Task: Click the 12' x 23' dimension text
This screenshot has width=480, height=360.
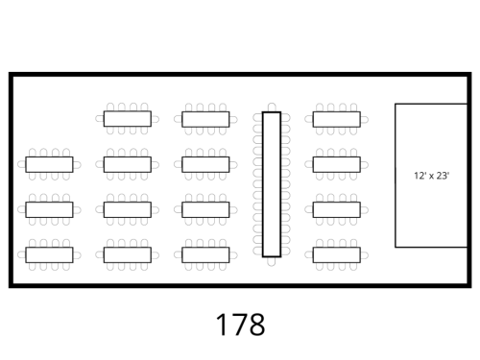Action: pyautogui.click(x=432, y=176)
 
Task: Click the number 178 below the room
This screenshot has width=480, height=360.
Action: pyautogui.click(x=241, y=324)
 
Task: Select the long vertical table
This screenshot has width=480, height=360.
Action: pyautogui.click(x=272, y=184)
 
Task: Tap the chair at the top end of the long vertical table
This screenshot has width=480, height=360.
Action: pyautogui.click(x=272, y=108)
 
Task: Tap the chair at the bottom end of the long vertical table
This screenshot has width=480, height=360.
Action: pyautogui.click(x=272, y=261)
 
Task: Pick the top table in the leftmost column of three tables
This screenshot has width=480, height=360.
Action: pyautogui.click(x=49, y=164)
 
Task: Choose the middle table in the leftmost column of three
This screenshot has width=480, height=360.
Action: pyautogui.click(x=49, y=209)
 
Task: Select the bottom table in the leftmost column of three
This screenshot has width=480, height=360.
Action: pyautogui.click(x=49, y=254)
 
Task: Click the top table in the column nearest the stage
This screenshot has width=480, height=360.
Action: pyautogui.click(x=337, y=119)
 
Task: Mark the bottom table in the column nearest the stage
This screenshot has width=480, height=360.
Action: pyautogui.click(x=337, y=254)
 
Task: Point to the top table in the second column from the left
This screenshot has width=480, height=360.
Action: pyautogui.click(x=128, y=119)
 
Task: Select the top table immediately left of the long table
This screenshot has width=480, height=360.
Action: pyautogui.click(x=205, y=119)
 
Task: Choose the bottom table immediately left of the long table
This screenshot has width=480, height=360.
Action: pyautogui.click(x=205, y=254)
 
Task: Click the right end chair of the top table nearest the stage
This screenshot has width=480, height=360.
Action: pyautogui.click(x=365, y=120)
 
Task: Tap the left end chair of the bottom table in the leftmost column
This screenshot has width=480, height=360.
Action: pyautogui.click(x=21, y=255)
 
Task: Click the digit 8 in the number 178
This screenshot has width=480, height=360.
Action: pyautogui.click(x=256, y=324)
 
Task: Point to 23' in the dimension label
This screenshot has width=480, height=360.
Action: pyautogui.click(x=443, y=176)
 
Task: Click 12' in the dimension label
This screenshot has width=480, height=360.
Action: pyautogui.click(x=420, y=176)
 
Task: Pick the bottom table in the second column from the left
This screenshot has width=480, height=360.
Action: pyautogui.click(x=128, y=254)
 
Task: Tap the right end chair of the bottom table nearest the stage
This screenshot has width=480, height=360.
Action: pyautogui.click(x=365, y=255)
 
